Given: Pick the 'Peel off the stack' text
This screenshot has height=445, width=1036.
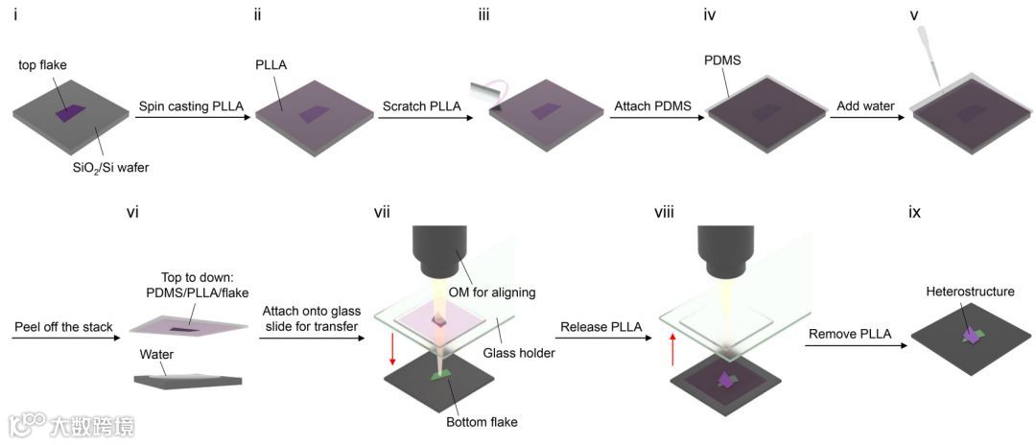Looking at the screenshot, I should (x=62, y=327).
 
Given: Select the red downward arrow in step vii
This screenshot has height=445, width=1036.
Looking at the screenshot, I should (x=391, y=355).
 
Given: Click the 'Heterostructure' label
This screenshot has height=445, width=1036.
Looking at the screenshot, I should (x=970, y=291).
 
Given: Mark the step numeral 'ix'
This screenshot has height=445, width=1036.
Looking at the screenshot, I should (x=915, y=212).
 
